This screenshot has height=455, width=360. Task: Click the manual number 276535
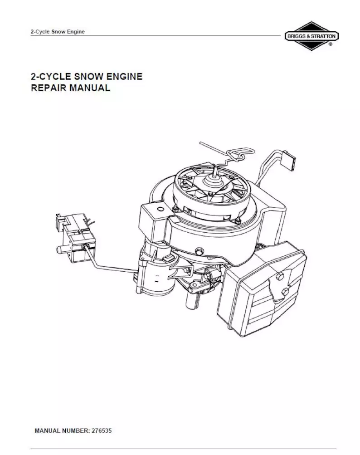pyautogui.click(x=102, y=430)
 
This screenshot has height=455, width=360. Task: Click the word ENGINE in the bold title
pyautogui.click(x=123, y=76)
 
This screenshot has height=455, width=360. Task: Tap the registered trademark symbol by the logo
pyautogui.click(x=330, y=45)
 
